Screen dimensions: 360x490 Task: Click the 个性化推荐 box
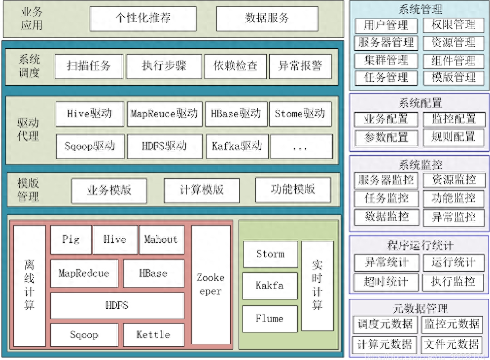143,19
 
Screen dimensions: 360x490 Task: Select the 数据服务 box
267,19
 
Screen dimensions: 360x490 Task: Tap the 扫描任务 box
89,66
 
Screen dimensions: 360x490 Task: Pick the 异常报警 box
300,66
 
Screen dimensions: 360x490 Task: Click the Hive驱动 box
89,114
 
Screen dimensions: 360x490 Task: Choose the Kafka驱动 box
237,146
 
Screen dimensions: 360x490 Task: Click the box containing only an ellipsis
301,146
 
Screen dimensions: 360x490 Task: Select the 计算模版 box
202,190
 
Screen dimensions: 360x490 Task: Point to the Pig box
71,240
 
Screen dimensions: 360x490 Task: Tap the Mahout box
161,240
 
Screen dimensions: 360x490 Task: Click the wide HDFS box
117,305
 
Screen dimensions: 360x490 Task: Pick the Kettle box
153,335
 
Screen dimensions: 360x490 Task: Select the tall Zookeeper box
210,284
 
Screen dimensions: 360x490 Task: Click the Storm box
270,254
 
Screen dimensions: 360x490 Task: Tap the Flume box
270,319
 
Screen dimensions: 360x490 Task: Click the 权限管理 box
454,25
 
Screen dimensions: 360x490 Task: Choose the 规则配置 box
454,137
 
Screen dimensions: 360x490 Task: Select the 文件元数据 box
452,344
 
